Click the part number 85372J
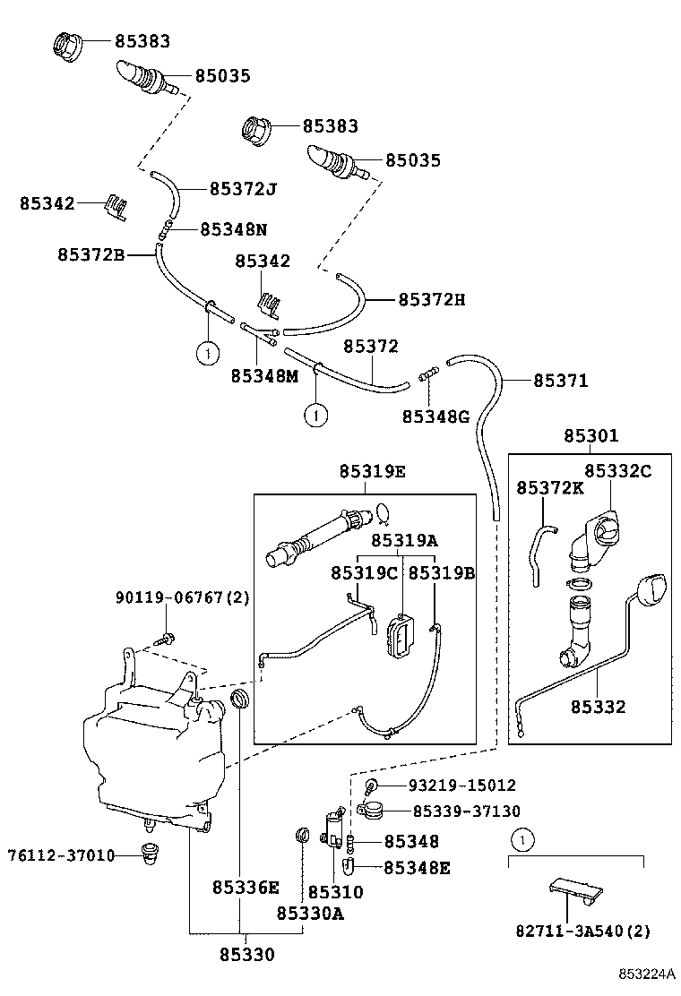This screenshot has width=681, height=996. pyautogui.click(x=243, y=189)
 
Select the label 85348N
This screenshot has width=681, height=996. pyautogui.click(x=233, y=229)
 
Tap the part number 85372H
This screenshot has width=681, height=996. pyautogui.click(x=431, y=299)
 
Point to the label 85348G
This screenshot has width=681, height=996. pyautogui.click(x=435, y=416)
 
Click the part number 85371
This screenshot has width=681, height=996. pyautogui.click(x=561, y=381)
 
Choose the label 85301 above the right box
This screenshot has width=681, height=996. pyautogui.click(x=590, y=436)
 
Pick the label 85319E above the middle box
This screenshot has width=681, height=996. pyautogui.click(x=372, y=472)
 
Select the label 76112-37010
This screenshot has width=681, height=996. pyautogui.click(x=62, y=855)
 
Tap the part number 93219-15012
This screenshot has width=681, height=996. pyautogui.click(x=461, y=786)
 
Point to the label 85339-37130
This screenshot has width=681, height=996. pyautogui.click(x=466, y=811)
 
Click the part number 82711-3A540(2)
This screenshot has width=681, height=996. pyautogui.click(x=582, y=931)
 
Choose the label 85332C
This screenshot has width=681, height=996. pyautogui.click(x=617, y=470)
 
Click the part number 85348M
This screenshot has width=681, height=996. pyautogui.click(x=263, y=376)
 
